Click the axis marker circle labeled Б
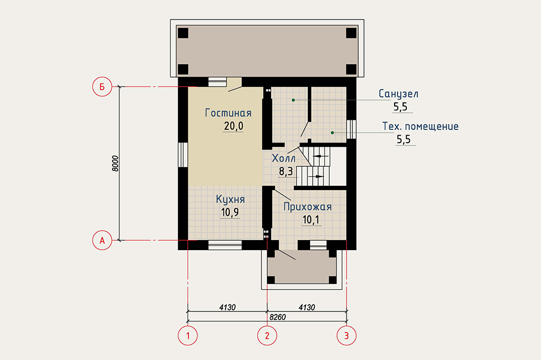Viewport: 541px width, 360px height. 102,87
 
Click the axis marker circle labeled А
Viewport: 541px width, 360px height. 102,240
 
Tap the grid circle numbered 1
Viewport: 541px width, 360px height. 188,335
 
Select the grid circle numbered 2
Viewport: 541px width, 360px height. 267,335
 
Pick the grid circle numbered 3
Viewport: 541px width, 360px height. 347,335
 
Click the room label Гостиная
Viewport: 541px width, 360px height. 228,113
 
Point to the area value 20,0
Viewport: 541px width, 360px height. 234,126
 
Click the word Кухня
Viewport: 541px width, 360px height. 230,200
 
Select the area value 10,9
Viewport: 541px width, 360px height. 230,212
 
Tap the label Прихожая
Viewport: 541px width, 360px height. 307,207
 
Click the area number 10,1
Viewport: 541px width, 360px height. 311,220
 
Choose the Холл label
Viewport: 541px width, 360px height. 284,158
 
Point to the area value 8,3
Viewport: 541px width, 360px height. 286,171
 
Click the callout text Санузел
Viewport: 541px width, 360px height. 398,94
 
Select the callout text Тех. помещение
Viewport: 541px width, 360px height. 420,127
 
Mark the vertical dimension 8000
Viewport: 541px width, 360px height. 115,164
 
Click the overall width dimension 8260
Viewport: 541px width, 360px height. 277,317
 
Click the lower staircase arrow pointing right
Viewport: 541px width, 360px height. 316,176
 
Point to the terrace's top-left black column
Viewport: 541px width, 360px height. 183,33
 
